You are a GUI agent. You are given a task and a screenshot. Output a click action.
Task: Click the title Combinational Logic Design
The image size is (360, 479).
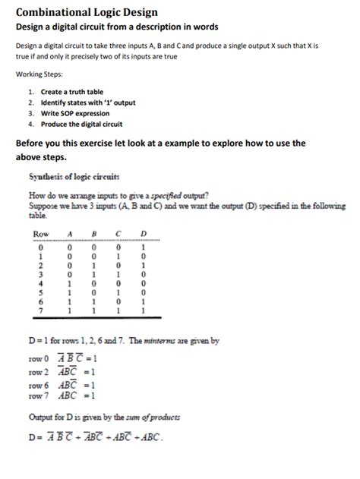coord(87,12)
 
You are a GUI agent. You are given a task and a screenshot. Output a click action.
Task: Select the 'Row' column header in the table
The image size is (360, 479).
coord(41,233)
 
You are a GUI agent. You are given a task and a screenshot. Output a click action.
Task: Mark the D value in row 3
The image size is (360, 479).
coord(142,274)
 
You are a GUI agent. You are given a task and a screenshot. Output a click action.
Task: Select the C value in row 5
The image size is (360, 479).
coord(118,292)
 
